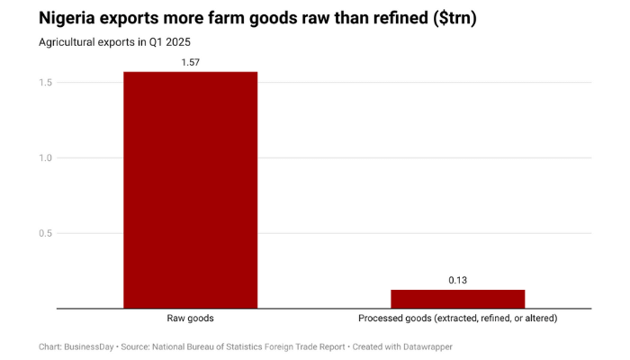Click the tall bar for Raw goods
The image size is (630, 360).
click(x=190, y=189)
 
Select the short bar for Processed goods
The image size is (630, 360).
click(x=457, y=299)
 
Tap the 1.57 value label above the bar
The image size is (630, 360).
click(x=190, y=61)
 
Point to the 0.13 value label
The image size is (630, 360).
click(x=457, y=280)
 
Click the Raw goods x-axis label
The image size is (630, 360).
click(x=190, y=319)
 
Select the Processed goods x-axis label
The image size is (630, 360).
click(x=457, y=319)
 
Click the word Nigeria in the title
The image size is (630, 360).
click(x=69, y=18)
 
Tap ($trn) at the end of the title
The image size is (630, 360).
click(x=448, y=18)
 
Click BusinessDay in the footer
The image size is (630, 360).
click(x=88, y=346)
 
